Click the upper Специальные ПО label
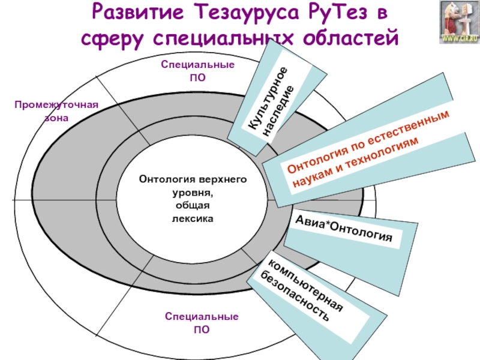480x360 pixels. [197, 70]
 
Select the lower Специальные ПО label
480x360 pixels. [202, 322]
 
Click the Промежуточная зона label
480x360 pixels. [56, 111]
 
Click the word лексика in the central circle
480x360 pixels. [193, 220]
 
